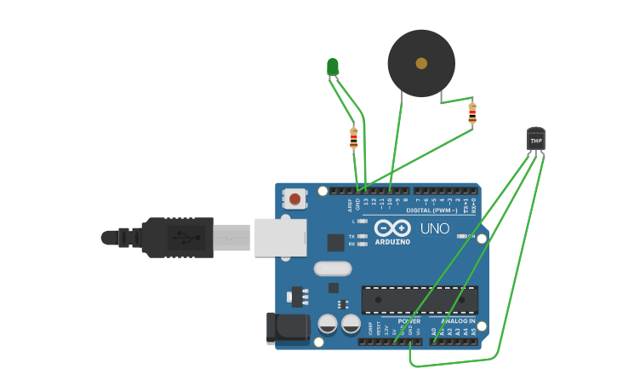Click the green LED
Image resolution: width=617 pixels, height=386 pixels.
point(333,66)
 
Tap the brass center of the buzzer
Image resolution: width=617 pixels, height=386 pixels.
point(421,63)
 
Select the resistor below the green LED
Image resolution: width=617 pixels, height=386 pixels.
point(354,136)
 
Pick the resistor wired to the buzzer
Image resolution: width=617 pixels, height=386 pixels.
point(472,113)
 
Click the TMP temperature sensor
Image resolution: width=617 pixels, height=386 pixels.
point(535,139)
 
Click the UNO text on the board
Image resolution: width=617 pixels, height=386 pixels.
point(434,228)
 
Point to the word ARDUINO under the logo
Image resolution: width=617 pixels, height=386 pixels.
point(391,241)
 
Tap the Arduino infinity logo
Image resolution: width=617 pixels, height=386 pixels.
point(391,228)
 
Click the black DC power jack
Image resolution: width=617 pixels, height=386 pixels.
point(287,328)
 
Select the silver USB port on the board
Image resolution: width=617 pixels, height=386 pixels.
point(279,236)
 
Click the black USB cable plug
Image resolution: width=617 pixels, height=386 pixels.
point(176,237)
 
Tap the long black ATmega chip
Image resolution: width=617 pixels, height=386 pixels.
point(420,300)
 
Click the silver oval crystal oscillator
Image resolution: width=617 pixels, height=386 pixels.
point(332,268)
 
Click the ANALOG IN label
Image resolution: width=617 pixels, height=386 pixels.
point(458,321)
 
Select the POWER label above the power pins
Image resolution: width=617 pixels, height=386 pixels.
point(408,321)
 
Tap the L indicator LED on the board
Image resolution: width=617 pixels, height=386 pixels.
point(363,222)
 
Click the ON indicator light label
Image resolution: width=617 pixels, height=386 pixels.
point(471,236)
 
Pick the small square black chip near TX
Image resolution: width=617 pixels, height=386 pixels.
point(336,243)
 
